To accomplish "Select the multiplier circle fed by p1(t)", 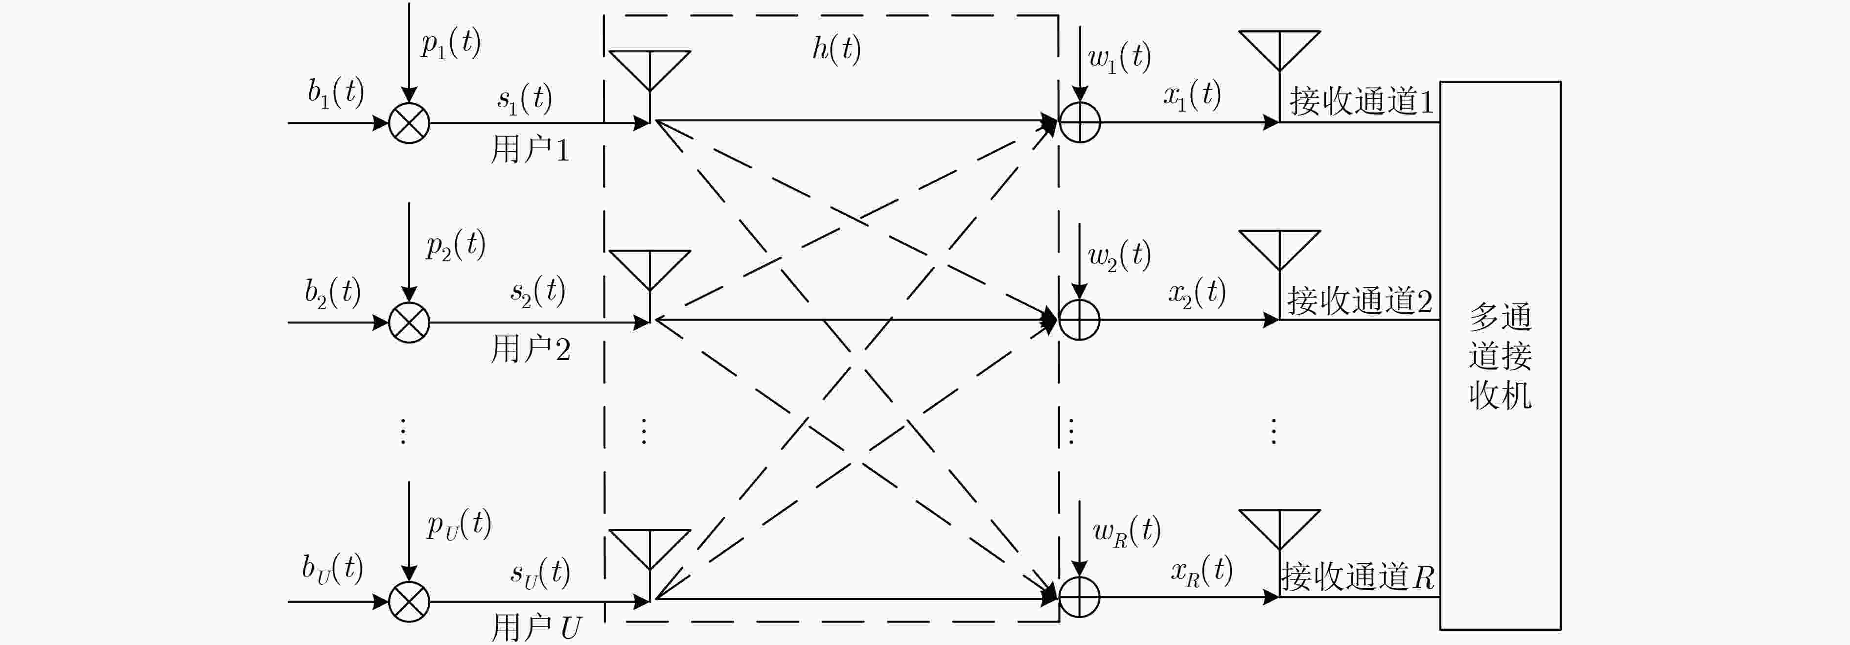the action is point(409,123).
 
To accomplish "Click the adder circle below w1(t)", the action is point(1079,122).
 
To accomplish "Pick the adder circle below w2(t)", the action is point(1079,320).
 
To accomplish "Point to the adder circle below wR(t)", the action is point(1079,597).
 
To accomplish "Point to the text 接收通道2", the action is point(1360,301).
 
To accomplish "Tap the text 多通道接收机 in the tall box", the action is point(1500,356).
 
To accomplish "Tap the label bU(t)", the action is point(332,569).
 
